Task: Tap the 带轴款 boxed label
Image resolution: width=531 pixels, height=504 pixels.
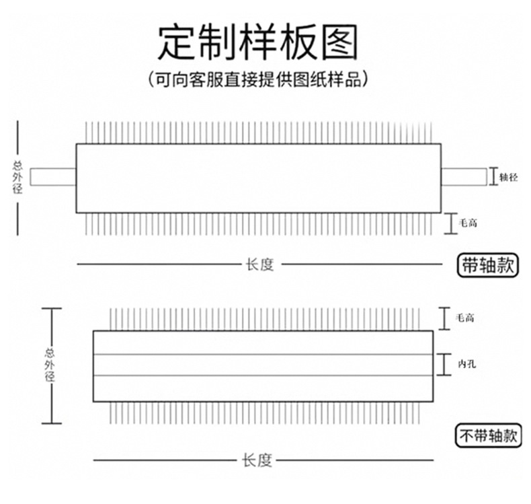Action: click(x=487, y=264)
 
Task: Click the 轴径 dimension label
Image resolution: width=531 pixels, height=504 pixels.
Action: click(x=508, y=177)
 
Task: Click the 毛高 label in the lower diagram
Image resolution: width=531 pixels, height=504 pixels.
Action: click(x=464, y=318)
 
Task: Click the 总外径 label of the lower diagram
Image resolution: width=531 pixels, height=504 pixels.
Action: click(x=50, y=365)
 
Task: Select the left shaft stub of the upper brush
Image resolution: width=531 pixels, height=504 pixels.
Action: click(x=52, y=177)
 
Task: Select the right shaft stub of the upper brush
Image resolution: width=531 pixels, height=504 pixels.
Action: click(x=464, y=177)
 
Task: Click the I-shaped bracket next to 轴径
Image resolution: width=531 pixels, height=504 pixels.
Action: click(x=493, y=177)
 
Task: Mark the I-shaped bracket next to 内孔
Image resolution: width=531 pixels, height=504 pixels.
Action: click(x=445, y=364)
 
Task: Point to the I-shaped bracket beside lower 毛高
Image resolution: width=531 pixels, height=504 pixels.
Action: click(x=445, y=318)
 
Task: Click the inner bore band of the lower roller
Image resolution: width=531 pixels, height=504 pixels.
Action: click(x=262, y=365)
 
